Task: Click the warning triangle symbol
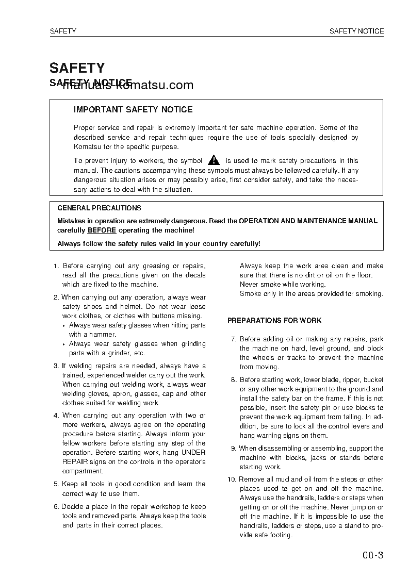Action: pyautogui.click(x=214, y=160)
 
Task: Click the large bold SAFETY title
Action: pyautogui.click(x=77, y=68)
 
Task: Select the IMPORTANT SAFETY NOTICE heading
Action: pyautogui.click(x=133, y=109)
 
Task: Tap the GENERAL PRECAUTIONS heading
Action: pyautogui.click(x=99, y=208)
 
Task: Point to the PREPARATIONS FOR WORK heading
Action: pyautogui.click(x=274, y=320)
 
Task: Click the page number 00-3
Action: pyautogui.click(x=372, y=555)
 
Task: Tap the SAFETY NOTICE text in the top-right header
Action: pyautogui.click(x=356, y=31)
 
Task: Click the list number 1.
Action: pyautogui.click(x=56, y=266)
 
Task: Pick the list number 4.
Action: pyautogui.click(x=56, y=416)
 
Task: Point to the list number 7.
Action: pyautogui.click(x=234, y=339)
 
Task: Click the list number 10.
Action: pyautogui.click(x=231, y=479)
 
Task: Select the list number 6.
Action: pyautogui.click(x=56, y=507)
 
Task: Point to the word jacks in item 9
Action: pyautogui.click(x=318, y=458)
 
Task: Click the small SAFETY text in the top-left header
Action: pyautogui.click(x=63, y=31)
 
